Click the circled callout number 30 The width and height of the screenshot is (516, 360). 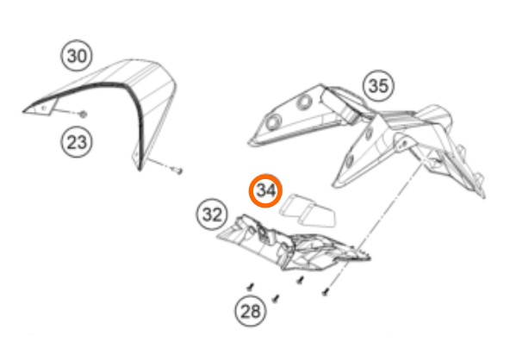(77, 55)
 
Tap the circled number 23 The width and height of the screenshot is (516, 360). (77, 142)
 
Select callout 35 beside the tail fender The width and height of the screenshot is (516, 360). (378, 85)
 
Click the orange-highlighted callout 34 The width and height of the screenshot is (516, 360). (265, 191)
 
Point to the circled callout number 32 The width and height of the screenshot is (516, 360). (212, 214)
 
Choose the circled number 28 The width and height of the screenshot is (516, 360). (251, 311)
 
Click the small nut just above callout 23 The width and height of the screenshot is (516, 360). (83, 115)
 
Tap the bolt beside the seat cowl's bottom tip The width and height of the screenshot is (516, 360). (178, 171)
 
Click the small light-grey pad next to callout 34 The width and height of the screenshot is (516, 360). (308, 211)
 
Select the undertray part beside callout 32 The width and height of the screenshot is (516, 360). (293, 245)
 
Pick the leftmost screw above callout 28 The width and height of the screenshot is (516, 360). (251, 288)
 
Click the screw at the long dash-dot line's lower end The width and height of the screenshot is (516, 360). (326, 292)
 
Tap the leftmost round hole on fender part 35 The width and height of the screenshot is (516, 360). (273, 122)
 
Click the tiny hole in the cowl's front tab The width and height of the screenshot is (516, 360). (44, 108)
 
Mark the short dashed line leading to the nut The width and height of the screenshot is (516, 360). (68, 112)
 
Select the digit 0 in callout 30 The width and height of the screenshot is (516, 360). (83, 56)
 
